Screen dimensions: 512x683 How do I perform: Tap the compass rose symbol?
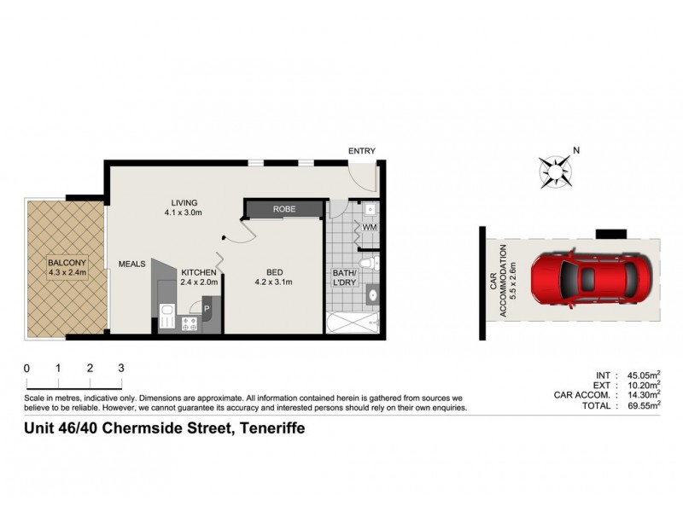coord(557,170)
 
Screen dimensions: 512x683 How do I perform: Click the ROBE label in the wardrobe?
coord(284,209)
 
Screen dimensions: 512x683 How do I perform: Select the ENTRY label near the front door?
coord(361,151)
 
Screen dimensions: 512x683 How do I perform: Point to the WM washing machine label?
coord(370,228)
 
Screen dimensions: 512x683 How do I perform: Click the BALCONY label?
coord(66,263)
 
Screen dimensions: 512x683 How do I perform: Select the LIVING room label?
coord(183,202)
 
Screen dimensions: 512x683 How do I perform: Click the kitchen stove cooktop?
coord(189,323)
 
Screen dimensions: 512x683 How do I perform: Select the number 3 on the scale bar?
coord(121,368)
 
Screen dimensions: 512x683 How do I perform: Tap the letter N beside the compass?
coord(576,151)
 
